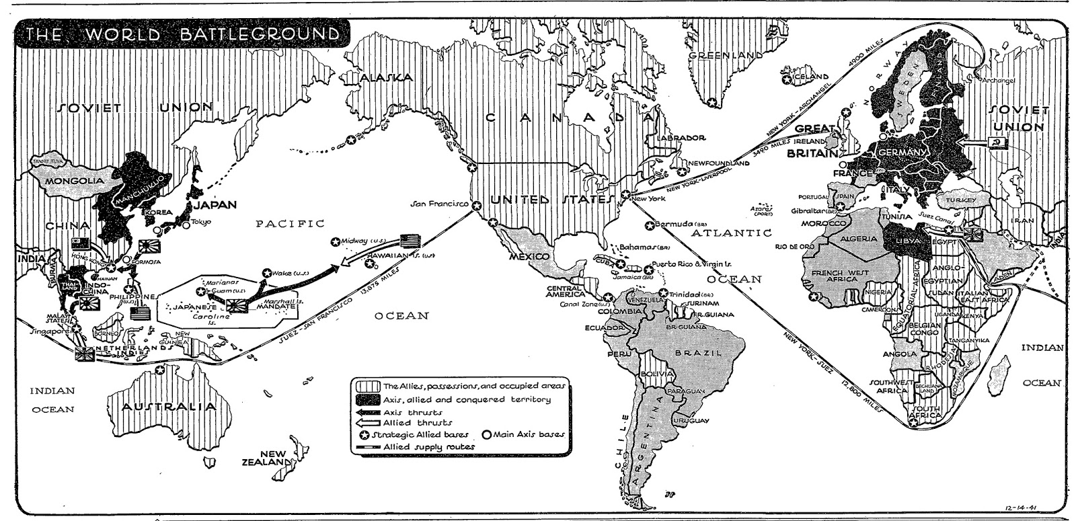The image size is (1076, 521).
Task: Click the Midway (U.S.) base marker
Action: [x=334, y=241]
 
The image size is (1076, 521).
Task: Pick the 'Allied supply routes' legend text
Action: [x=429, y=446]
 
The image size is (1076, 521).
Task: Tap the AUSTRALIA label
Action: [x=169, y=407]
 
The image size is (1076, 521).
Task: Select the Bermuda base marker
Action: [x=649, y=225]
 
